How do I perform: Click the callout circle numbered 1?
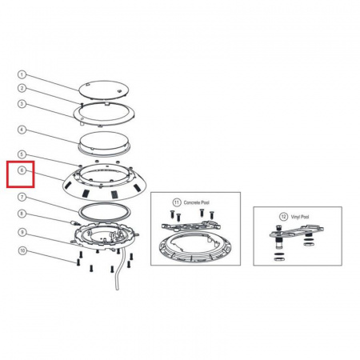(x=22, y=74)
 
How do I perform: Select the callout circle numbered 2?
(x=22, y=88)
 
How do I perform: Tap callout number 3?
(x=22, y=104)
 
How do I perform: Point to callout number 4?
(x=22, y=130)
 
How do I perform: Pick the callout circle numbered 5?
(x=22, y=154)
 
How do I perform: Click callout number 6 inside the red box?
(x=22, y=170)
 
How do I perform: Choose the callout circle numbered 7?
(x=22, y=197)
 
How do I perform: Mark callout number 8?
(x=22, y=214)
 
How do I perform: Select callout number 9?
(x=22, y=233)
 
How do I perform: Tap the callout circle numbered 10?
(x=22, y=250)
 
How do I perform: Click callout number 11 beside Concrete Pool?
(x=177, y=202)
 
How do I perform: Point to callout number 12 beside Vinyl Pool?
(x=283, y=217)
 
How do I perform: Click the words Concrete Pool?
(x=197, y=202)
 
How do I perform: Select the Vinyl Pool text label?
(x=300, y=217)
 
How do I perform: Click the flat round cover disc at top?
(x=103, y=90)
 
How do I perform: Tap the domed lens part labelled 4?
(x=104, y=143)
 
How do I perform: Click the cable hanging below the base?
(x=119, y=270)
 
